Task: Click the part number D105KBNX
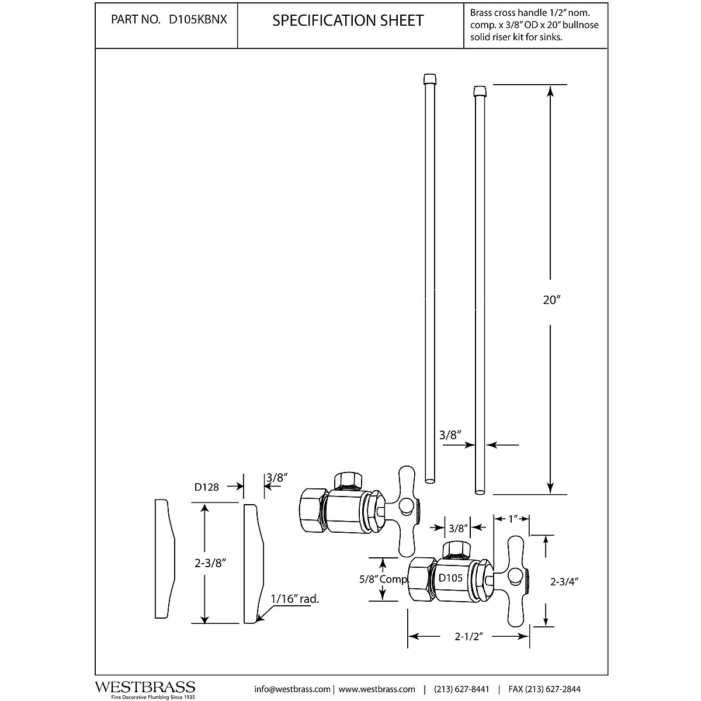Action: point(198,20)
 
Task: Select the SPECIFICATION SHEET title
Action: point(348,20)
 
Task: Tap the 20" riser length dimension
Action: point(551,300)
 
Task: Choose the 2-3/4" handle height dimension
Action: point(564,581)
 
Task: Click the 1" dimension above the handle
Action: point(512,519)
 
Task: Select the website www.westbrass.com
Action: point(377,689)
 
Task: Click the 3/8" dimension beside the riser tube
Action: point(450,435)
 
